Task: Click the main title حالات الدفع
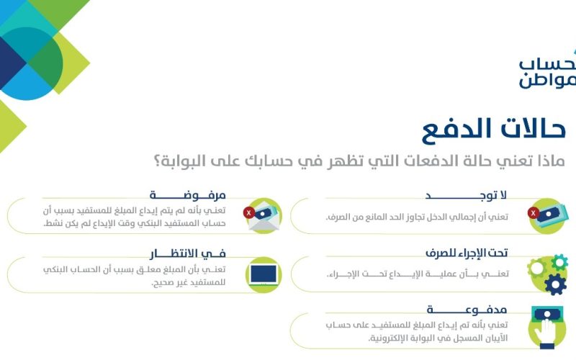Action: coord(493,130)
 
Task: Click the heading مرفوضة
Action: coord(187,195)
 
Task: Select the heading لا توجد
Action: coord(466,195)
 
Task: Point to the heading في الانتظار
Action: coord(188,253)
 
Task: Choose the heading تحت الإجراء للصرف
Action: coord(467,253)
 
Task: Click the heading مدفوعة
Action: coord(467,310)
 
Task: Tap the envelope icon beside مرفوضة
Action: coord(264,216)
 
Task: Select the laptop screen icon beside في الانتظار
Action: coord(264,275)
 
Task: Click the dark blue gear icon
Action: coord(555,284)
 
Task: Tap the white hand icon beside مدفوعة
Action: coord(547,330)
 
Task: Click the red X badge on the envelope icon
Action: coord(249,212)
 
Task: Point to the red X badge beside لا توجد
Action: coord(534,212)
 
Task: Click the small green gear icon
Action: coord(559,262)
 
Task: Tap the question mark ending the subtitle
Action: coord(157,161)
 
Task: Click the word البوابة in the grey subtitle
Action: coord(179,161)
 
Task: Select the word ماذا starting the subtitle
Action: coord(551,161)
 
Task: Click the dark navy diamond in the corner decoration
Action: coord(11,63)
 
